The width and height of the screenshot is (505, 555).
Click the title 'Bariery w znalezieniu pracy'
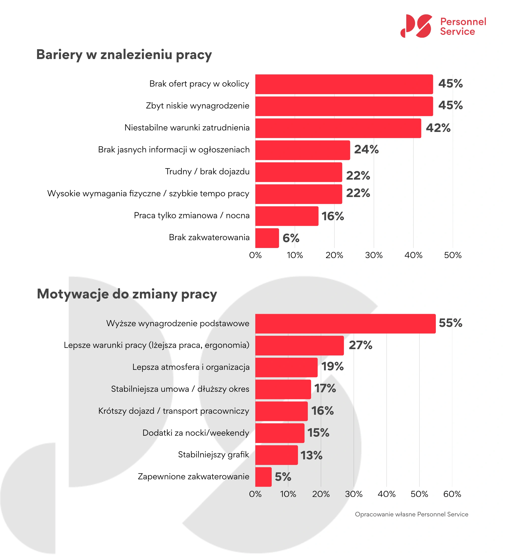124,54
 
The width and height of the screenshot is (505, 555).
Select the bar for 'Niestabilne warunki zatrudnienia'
338,128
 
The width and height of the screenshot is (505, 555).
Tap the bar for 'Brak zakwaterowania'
267,238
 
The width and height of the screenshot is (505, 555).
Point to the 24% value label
366,150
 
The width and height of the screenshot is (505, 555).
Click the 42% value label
438,128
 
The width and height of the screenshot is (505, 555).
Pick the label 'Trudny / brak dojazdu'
207,172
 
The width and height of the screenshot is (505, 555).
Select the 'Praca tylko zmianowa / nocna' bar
287,216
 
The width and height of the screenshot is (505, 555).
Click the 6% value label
291,238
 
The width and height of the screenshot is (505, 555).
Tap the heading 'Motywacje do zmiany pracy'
127,294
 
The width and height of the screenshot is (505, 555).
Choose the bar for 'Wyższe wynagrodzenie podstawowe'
345,324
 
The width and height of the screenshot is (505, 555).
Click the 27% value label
360,345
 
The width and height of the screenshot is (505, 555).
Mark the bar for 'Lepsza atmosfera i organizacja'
286,368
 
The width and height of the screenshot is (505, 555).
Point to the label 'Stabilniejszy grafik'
213,455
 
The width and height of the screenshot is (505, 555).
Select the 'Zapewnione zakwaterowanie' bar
263,477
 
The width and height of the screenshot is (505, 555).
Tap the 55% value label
450,323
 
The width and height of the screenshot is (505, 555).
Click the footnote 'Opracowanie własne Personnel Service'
411,514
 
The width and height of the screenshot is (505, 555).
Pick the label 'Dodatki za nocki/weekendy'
196,433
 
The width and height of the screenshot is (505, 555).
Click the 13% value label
311,455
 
